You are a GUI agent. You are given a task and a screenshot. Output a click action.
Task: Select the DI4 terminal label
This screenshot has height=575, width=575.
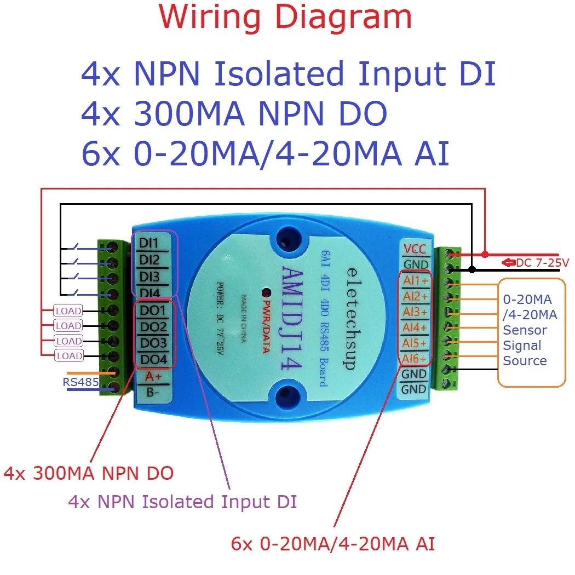[150, 292]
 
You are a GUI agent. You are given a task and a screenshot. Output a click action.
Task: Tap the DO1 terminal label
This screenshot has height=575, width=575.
[153, 311]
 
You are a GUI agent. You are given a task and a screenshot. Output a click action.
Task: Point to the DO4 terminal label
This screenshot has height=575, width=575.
[153, 359]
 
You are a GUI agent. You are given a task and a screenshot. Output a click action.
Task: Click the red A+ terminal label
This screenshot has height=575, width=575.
[153, 377]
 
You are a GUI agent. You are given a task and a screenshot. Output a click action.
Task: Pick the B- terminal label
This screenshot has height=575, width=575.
[153, 393]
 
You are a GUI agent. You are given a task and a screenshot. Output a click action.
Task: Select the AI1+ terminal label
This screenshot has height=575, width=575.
[415, 280]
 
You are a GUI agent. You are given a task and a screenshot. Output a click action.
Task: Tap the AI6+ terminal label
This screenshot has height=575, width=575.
[415, 359]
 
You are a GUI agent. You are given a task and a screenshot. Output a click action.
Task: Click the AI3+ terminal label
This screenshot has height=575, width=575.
[415, 312]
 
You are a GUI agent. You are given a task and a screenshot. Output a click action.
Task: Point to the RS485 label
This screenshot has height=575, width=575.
[81, 382]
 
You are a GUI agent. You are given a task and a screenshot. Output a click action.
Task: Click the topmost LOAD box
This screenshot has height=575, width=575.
[68, 311]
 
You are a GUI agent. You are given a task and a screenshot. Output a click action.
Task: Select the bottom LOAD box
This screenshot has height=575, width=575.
[68, 356]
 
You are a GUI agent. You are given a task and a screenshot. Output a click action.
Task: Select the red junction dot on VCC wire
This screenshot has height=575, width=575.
[485, 254]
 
